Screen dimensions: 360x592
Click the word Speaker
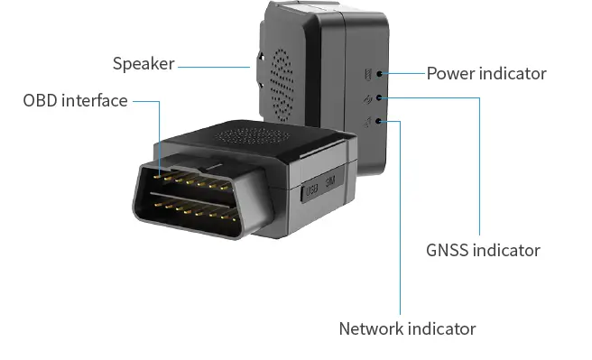click(143, 64)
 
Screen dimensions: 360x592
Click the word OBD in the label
click(41, 100)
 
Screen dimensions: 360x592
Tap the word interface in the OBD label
click(95, 100)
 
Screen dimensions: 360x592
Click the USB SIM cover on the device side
click(319, 190)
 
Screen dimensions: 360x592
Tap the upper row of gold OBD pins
click(193, 180)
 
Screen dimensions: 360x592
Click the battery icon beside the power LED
click(365, 75)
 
